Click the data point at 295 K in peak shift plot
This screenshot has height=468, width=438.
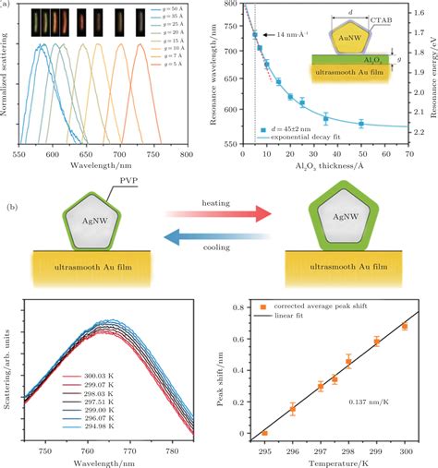pyautogui.click(x=265, y=433)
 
